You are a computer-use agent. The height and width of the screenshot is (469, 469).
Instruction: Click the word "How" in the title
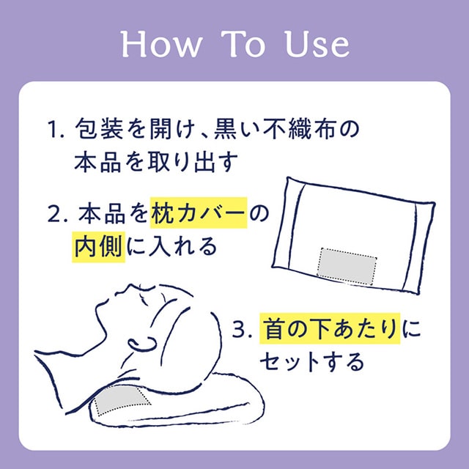click(x=160, y=44)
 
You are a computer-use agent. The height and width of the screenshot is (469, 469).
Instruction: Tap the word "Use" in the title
click(x=317, y=44)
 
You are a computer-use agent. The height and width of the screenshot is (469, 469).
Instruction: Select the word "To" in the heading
click(x=243, y=44)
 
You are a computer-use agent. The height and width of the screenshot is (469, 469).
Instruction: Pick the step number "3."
click(x=244, y=329)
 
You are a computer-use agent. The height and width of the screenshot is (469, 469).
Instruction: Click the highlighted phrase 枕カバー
click(x=199, y=213)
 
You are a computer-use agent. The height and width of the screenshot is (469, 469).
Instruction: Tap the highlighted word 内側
click(x=99, y=247)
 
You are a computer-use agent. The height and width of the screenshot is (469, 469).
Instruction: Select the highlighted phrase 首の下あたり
click(x=330, y=328)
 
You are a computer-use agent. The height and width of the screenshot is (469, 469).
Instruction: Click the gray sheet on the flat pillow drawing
click(x=347, y=266)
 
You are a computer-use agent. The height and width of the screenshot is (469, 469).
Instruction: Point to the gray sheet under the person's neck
click(x=119, y=399)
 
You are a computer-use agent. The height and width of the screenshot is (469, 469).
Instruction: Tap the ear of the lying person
click(x=142, y=344)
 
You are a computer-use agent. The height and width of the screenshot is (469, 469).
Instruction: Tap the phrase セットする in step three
click(x=312, y=361)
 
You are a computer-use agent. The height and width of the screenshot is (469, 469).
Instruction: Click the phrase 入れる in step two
click(x=182, y=247)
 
